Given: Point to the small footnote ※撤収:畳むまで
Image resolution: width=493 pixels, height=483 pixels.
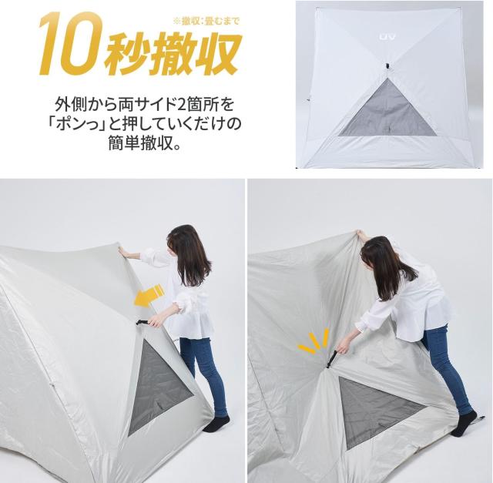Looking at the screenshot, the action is pos(206,22).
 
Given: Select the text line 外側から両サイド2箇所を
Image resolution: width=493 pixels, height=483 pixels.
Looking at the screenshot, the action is pos(144,105).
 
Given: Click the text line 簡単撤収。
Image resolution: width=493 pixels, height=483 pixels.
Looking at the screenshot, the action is pos(144,143).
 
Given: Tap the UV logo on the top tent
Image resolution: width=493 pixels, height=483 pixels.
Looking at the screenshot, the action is pos(387,37).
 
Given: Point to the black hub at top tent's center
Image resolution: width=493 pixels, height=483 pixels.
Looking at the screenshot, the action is pos(387,66).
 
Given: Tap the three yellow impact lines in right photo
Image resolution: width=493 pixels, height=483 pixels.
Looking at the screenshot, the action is pos(313,341).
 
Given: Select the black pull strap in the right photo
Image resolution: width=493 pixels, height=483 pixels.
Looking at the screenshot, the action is pos(331,357).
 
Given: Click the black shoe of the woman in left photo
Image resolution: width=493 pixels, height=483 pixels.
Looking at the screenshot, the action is pos(216,424).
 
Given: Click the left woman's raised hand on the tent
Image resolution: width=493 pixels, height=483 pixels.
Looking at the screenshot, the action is pos(122,251).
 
